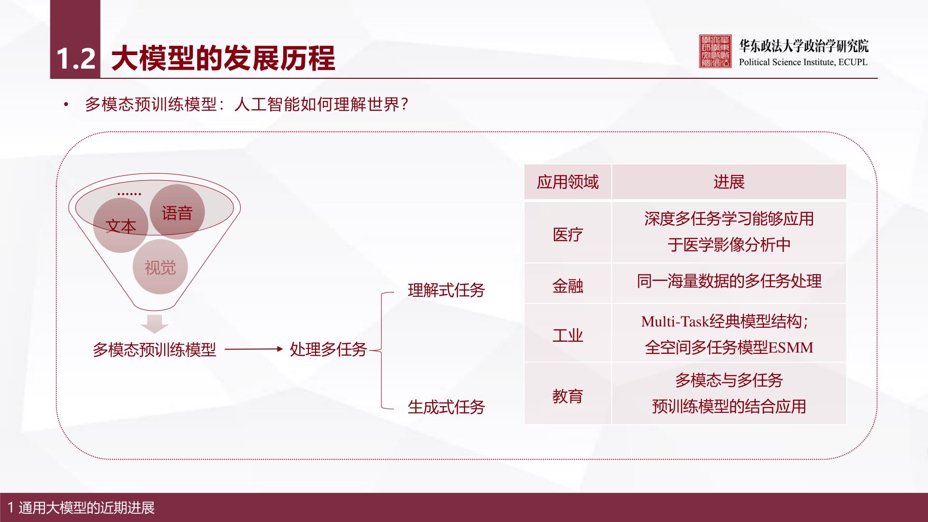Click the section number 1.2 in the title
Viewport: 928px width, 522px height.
pyautogui.click(x=75, y=58)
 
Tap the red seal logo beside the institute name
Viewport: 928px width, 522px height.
pyautogui.click(x=715, y=51)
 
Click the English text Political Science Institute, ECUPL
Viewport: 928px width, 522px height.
pyautogui.click(x=803, y=62)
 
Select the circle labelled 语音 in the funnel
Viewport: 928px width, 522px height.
pyautogui.click(x=177, y=212)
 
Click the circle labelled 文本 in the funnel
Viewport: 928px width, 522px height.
pyautogui.click(x=121, y=225)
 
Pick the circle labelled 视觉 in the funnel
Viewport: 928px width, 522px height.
pyautogui.click(x=160, y=267)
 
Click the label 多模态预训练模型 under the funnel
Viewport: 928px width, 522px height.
pyautogui.click(x=154, y=349)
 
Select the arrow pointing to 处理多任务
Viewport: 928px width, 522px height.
pyautogui.click(x=254, y=349)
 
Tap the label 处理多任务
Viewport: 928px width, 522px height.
pyautogui.click(x=328, y=349)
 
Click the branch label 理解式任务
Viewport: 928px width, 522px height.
pyautogui.click(x=446, y=290)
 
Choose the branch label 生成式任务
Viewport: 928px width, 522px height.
pyautogui.click(x=446, y=407)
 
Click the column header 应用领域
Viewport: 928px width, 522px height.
pyautogui.click(x=568, y=182)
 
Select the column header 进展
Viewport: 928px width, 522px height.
pyautogui.click(x=729, y=182)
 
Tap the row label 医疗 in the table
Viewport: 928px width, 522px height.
pyautogui.click(x=568, y=235)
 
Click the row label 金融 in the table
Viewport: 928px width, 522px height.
pyautogui.click(x=568, y=286)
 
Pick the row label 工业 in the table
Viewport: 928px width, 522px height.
pyautogui.click(x=568, y=335)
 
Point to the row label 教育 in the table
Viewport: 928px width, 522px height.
pyautogui.click(x=568, y=396)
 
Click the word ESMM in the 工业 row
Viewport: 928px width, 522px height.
pyautogui.click(x=791, y=348)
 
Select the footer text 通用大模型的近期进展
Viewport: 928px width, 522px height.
pyautogui.click(x=87, y=508)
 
